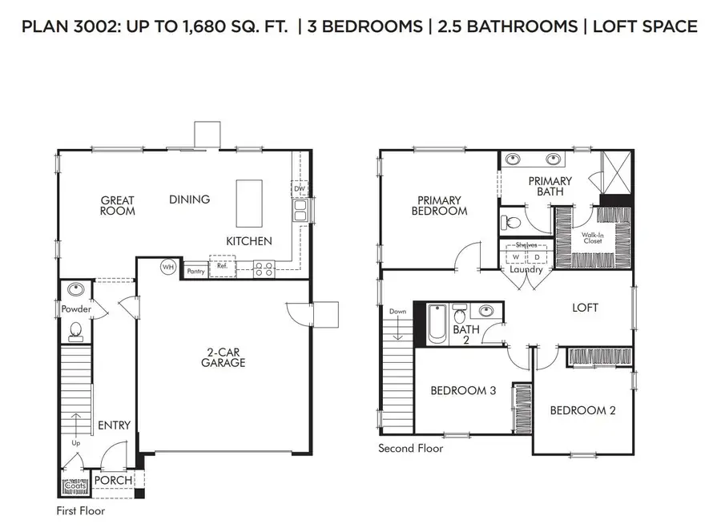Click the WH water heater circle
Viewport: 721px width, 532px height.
coord(168,267)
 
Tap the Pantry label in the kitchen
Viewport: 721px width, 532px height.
coord(195,272)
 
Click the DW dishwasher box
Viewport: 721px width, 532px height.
coord(300,189)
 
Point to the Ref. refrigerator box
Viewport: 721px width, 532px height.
coord(223,267)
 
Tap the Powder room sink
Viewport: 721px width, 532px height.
coord(77,290)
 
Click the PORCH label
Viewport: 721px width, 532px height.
coord(113,481)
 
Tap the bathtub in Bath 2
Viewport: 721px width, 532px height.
coord(437,324)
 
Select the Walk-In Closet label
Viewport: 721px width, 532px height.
coord(593,237)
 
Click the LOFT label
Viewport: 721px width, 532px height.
coord(585,308)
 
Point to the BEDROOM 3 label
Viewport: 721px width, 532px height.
coord(463,391)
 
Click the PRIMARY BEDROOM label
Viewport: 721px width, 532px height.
coord(439,205)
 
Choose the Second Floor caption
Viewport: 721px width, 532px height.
coord(410,449)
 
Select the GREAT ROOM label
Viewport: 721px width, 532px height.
coord(118,206)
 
